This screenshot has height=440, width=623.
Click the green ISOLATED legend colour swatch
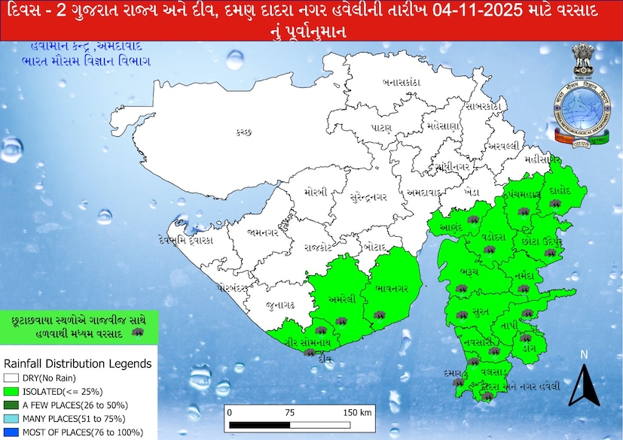pyautogui.click(x=11, y=391)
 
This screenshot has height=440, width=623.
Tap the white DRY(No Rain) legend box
pyautogui.click(x=11, y=378)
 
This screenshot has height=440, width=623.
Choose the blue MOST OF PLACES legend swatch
pyautogui.click(x=11, y=432)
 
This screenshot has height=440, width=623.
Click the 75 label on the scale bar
pyautogui.click(x=289, y=412)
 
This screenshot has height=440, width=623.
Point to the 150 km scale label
pyautogui.click(x=356, y=412)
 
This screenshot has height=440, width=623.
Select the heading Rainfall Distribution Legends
pyautogui.click(x=78, y=363)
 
